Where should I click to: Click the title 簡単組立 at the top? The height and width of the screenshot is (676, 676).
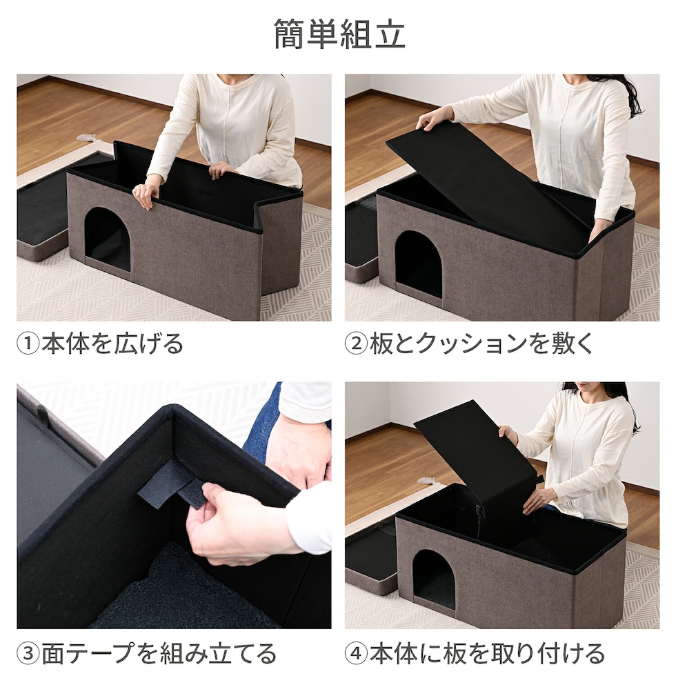point(339,34)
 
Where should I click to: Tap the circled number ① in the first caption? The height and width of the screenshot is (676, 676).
point(28,344)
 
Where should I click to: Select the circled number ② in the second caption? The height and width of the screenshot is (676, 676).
point(356,344)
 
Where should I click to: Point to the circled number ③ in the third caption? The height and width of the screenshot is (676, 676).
point(28,653)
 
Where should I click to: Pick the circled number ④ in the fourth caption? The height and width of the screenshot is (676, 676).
point(356,653)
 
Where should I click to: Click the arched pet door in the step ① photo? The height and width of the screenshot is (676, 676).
point(108,239)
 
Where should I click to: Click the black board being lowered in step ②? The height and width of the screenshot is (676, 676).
point(487,181)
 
